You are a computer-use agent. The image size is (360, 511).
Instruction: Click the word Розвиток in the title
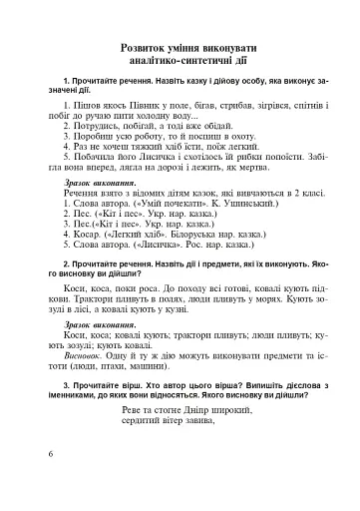coord(149,47)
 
